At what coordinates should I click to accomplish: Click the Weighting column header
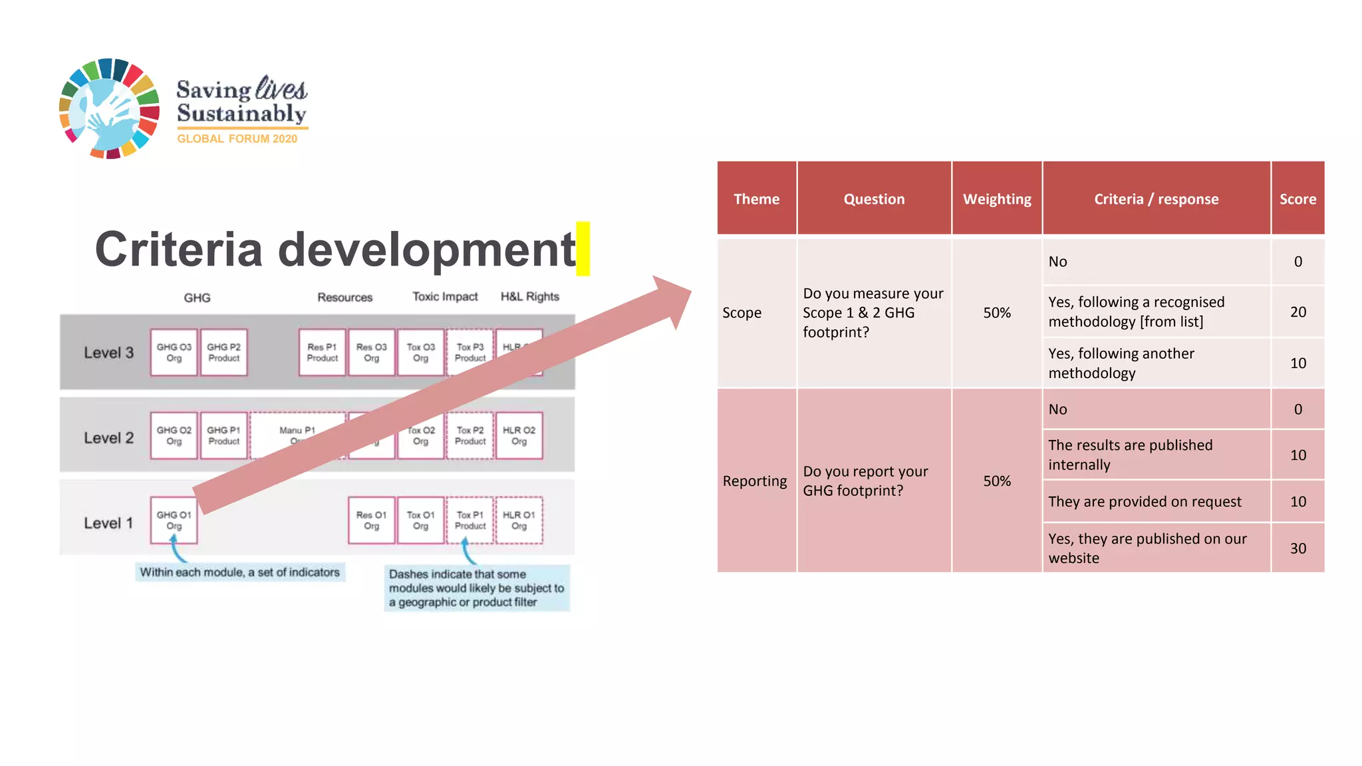coord(996,198)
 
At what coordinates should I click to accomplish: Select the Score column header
coord(1297,198)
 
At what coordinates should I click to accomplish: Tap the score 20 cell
coord(1297,311)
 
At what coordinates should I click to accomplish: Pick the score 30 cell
coord(1297,548)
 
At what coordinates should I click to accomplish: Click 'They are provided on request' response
coord(1144,501)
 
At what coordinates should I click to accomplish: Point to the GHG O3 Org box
coord(174,352)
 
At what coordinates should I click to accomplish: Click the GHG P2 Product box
coord(223,352)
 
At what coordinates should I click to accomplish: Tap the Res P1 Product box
coord(322,352)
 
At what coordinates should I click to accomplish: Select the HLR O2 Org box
coord(519,435)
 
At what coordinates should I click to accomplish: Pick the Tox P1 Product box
coord(470,520)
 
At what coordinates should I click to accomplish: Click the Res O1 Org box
coord(371,520)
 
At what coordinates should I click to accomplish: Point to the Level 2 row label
coord(108,437)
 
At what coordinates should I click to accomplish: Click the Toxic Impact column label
coord(445,296)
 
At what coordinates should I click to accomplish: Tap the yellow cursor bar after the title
coord(583,248)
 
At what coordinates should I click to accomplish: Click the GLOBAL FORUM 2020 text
coord(237,138)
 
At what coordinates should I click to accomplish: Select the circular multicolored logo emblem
coord(109,108)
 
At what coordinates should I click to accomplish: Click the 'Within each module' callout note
coord(239,572)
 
